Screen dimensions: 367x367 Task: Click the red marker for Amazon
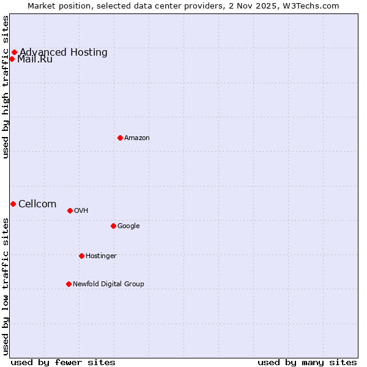[x=120, y=138]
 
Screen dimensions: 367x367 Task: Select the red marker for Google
[x=113, y=226]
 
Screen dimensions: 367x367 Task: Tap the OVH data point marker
[x=70, y=210]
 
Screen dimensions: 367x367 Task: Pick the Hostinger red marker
[x=81, y=256]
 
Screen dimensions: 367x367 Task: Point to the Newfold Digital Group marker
[x=69, y=284]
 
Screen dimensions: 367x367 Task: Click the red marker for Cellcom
[x=13, y=204]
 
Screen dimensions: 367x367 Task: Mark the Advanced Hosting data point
[x=14, y=52]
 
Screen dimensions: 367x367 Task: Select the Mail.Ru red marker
[x=12, y=59]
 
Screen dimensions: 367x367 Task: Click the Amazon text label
[x=137, y=138]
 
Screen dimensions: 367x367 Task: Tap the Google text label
[x=128, y=226]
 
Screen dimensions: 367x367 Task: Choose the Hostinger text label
[x=101, y=256]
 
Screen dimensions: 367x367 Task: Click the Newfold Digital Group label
[x=108, y=284]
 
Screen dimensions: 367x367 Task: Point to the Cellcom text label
[x=37, y=204]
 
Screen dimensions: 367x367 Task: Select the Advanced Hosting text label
[x=64, y=53]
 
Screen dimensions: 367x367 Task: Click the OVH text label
[x=81, y=211]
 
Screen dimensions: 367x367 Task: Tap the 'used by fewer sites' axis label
[x=63, y=362]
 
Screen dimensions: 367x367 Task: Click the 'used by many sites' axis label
[x=307, y=362]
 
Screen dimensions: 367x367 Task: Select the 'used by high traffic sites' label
[x=6, y=87]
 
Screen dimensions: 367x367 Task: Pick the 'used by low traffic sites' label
[x=6, y=286]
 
